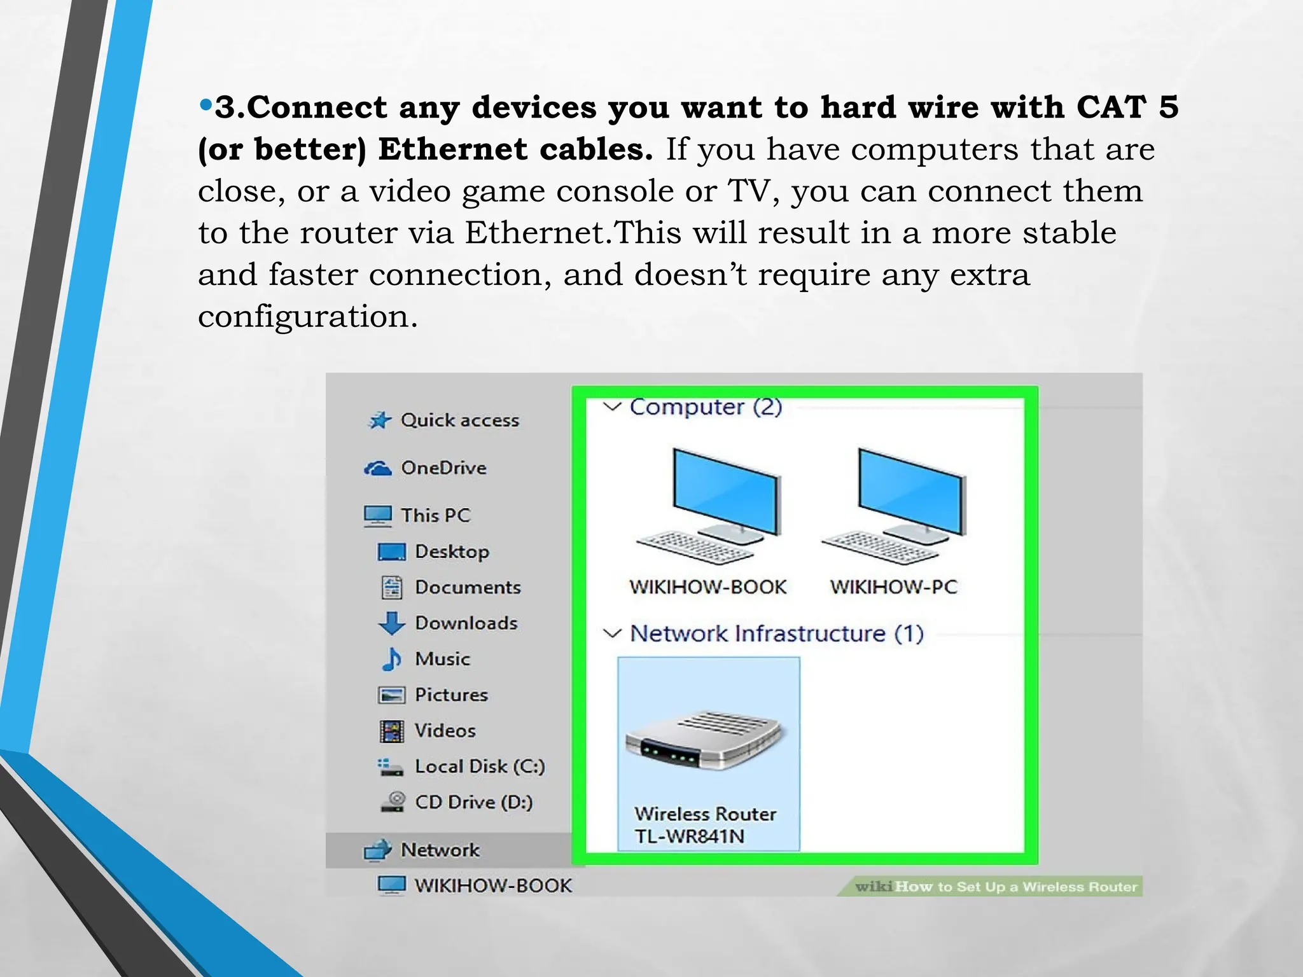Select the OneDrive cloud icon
pos(378,469)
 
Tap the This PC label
pos(435,515)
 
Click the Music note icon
pos(391,659)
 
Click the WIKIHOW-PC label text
pos(893,586)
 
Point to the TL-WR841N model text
pos(690,836)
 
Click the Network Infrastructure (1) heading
pos(776,634)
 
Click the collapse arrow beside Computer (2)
pos(612,406)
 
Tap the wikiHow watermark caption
pos(996,887)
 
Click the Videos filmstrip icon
pos(391,731)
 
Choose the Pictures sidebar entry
pos(450,695)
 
